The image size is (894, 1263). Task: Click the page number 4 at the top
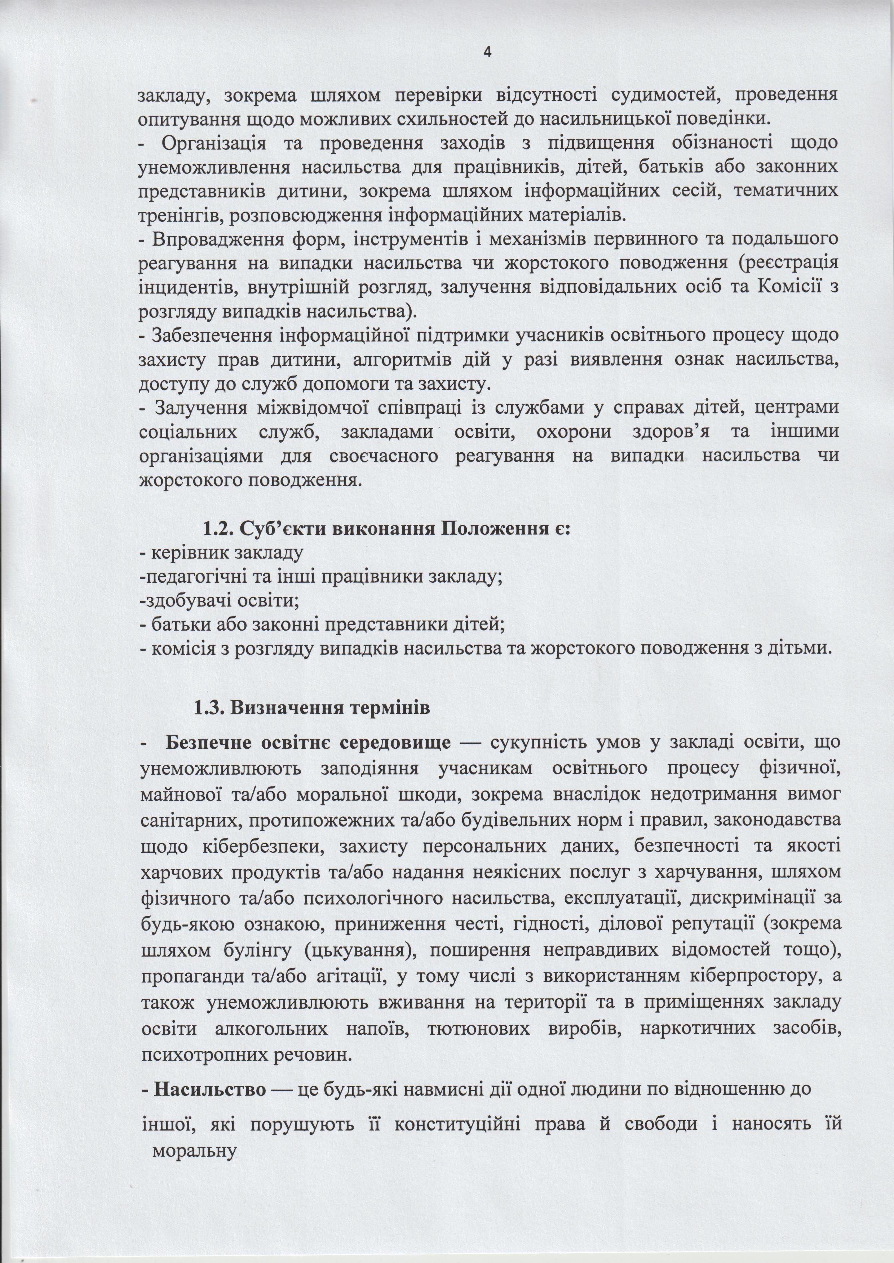pos(487,52)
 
